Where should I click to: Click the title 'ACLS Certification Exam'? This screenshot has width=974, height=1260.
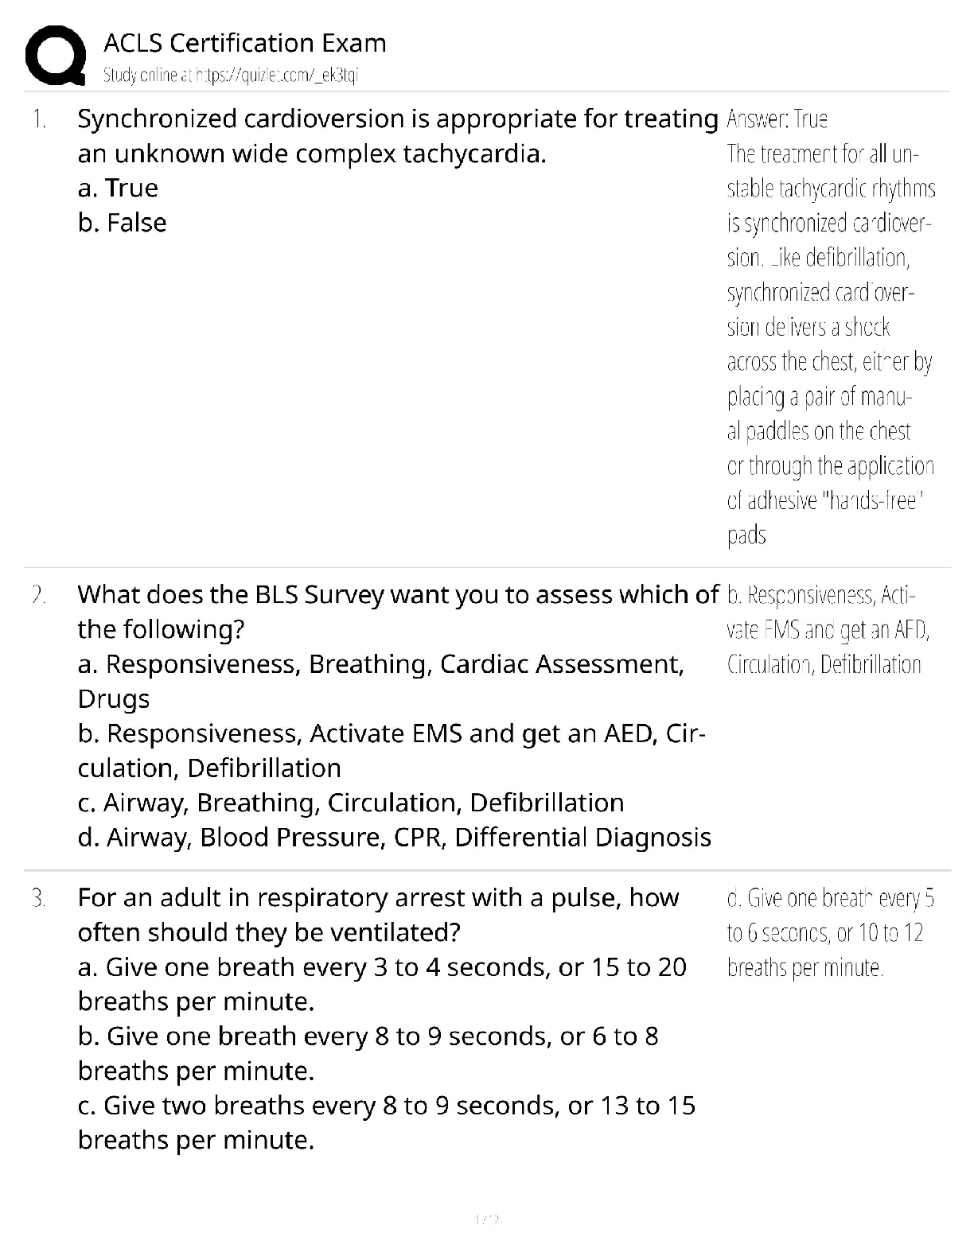245,43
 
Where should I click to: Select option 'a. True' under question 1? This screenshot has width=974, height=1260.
118,189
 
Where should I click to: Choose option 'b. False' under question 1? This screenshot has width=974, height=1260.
122,224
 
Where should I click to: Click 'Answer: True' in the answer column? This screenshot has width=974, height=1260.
777,119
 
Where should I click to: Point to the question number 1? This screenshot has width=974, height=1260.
38,119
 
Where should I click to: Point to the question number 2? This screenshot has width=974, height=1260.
38,595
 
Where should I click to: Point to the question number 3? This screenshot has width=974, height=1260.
38,898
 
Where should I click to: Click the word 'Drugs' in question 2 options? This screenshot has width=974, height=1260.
113,699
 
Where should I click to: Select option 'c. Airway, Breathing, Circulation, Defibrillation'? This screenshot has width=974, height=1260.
350,803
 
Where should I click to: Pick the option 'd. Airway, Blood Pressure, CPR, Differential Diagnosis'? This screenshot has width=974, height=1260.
394,838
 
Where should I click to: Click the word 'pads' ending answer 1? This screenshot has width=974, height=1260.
746,535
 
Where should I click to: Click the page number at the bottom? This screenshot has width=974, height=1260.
486,1219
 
